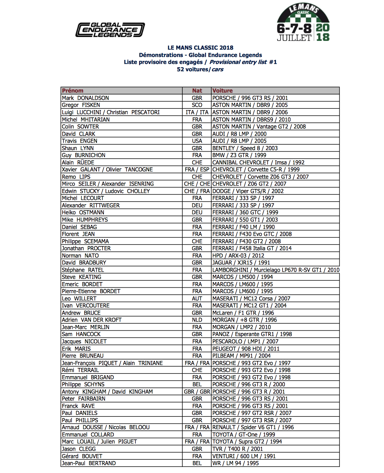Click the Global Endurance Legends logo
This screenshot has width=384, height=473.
tap(110, 30)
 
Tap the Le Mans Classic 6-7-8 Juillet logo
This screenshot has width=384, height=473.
tap(303, 23)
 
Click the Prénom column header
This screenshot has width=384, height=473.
tap(73, 90)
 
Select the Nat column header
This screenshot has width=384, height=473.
tap(197, 90)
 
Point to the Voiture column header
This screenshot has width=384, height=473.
tap(223, 90)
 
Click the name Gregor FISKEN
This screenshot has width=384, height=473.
tap(81, 105)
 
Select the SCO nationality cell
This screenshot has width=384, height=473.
tap(197, 105)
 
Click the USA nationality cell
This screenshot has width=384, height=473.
tap(197, 141)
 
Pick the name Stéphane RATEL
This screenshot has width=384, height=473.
tap(83, 270)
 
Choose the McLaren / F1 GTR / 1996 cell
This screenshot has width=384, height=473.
tap(243, 313)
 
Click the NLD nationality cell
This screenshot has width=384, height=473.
tap(197, 320)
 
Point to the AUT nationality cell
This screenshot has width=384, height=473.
tap(197, 299)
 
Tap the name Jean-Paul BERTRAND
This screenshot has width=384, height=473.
tap(89, 463)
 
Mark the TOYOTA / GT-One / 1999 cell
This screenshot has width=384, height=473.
tap(244, 435)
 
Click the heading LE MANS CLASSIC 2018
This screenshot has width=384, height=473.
tap(200, 48)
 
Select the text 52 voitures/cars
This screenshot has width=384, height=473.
tap(200, 69)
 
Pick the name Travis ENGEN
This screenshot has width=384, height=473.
tap(80, 141)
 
